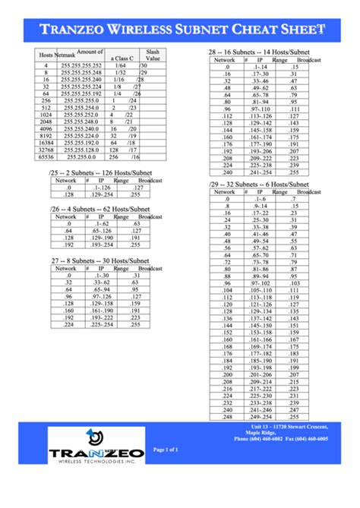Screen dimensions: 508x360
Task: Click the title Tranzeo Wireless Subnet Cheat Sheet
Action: [180, 30]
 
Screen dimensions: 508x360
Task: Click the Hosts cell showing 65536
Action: [46, 156]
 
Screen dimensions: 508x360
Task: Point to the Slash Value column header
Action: [153, 55]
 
